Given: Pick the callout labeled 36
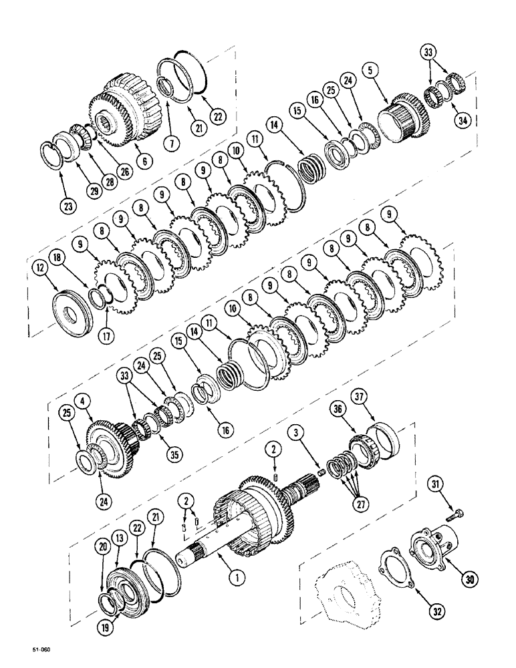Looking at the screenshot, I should click(x=338, y=405).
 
